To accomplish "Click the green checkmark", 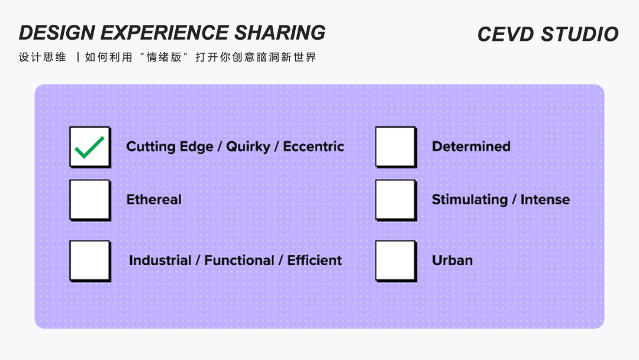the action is (x=89, y=147).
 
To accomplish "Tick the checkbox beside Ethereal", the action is (x=90, y=200).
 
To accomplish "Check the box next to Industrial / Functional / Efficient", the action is (x=90, y=260).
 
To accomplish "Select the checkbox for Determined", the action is (x=395, y=146).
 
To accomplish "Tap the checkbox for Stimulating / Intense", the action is (x=395, y=200).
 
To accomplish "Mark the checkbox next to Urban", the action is (x=395, y=260).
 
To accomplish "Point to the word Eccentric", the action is (x=314, y=146).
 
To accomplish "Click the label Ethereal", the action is (x=154, y=200).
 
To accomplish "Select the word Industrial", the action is (x=160, y=260).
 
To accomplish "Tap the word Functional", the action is (x=239, y=260).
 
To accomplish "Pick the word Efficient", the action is (x=315, y=260).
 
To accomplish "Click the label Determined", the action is (x=471, y=146).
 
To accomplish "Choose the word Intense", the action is (x=545, y=200).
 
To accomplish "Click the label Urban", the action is (x=452, y=260).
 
